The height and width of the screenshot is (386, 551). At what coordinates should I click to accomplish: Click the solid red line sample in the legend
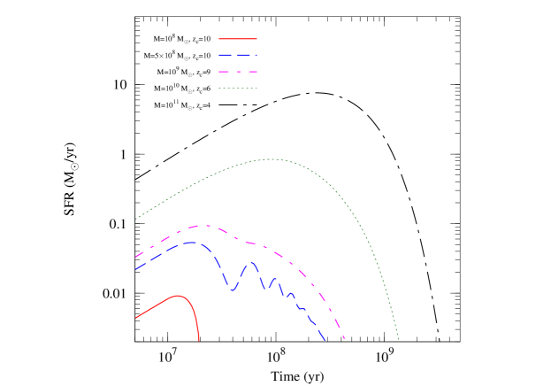pyautogui.click(x=238, y=39)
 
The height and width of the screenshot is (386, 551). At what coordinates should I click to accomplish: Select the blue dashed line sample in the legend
pyautogui.click(x=238, y=55)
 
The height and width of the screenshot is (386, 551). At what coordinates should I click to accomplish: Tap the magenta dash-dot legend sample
pyautogui.click(x=238, y=72)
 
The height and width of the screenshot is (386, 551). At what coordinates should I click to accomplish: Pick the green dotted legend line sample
pyautogui.click(x=238, y=88)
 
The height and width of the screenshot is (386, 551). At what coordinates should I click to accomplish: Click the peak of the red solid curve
pyautogui.click(x=178, y=296)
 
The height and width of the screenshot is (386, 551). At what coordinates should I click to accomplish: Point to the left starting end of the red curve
pyautogui.click(x=136, y=317)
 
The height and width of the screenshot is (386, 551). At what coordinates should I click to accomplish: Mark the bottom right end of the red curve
pyautogui.click(x=199, y=340)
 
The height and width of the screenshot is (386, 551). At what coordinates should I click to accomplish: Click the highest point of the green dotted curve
pyautogui.click(x=272, y=159)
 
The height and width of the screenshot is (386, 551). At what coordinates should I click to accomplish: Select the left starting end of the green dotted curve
pyautogui.click(x=136, y=218)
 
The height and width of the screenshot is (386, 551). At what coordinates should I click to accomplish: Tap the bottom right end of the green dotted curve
pyautogui.click(x=399, y=339)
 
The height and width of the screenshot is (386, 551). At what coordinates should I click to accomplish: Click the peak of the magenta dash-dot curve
pyautogui.click(x=205, y=226)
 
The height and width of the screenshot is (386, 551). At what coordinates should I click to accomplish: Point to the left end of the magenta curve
pyautogui.click(x=136, y=257)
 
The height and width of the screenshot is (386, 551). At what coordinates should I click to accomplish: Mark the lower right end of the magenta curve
pyautogui.click(x=343, y=338)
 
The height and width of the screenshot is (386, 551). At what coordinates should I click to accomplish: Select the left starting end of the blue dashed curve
pyautogui.click(x=136, y=269)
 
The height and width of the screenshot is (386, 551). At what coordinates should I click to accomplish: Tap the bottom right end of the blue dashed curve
pyautogui.click(x=325, y=340)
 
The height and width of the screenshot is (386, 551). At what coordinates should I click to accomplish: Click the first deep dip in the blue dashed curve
pyautogui.click(x=233, y=290)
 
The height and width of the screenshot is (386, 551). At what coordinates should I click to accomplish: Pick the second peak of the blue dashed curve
pyautogui.click(x=252, y=262)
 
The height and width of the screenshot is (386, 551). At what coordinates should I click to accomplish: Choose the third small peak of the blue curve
pyautogui.click(x=274, y=279)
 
